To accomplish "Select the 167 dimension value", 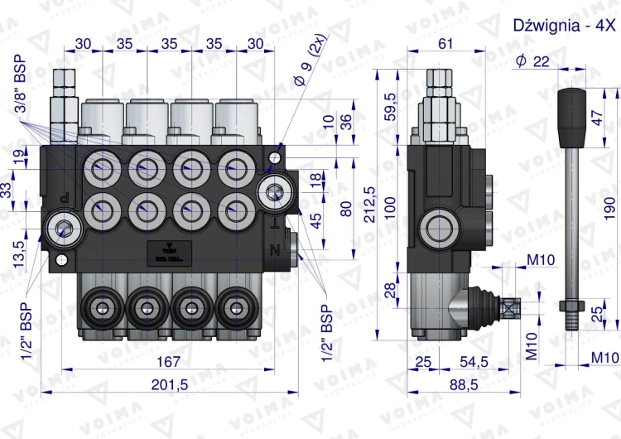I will (169, 361).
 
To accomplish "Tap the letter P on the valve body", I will (66, 198).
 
